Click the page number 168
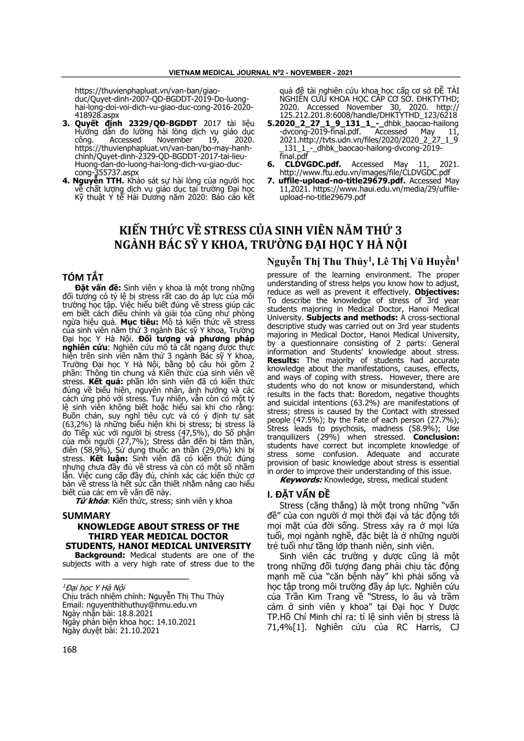(70, 650)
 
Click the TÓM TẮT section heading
(83, 278)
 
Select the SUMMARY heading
(87, 515)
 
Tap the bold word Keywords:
(301, 479)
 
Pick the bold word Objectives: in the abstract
(437, 292)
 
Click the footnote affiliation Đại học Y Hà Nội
(94, 588)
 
